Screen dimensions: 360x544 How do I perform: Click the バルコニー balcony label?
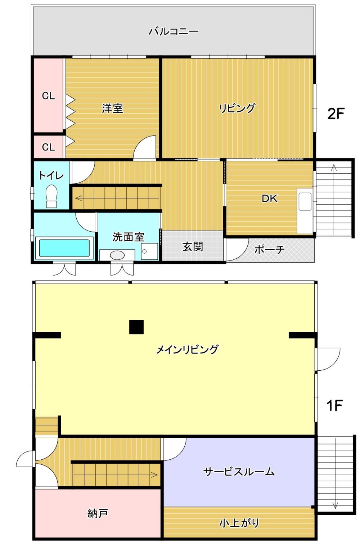tap(174, 31)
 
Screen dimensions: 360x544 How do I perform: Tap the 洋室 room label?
tap(112, 108)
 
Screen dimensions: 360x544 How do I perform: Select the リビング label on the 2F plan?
tap(237, 108)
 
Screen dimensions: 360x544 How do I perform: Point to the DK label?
tap(269, 199)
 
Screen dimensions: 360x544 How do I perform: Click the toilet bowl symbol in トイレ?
tap(51, 196)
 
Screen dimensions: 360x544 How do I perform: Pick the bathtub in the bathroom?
tap(64, 248)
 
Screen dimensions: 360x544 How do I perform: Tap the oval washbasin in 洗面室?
tap(117, 255)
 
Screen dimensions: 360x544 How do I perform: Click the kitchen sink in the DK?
tap(305, 201)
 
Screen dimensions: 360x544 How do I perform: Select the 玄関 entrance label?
tap(193, 247)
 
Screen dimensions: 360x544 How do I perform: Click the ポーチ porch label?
tap(269, 249)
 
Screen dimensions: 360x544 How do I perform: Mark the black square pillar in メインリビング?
tap(136, 327)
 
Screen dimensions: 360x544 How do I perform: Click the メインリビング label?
tap(187, 350)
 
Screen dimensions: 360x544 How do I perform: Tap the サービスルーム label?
tap(239, 472)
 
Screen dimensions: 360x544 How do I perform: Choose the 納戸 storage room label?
tap(98, 513)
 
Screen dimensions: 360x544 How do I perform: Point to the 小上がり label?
tap(239, 523)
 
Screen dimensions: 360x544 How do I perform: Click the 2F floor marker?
tap(336, 113)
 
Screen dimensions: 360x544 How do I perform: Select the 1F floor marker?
tap(334, 405)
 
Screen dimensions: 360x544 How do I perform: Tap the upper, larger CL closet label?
tap(48, 96)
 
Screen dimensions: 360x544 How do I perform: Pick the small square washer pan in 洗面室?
tap(149, 251)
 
